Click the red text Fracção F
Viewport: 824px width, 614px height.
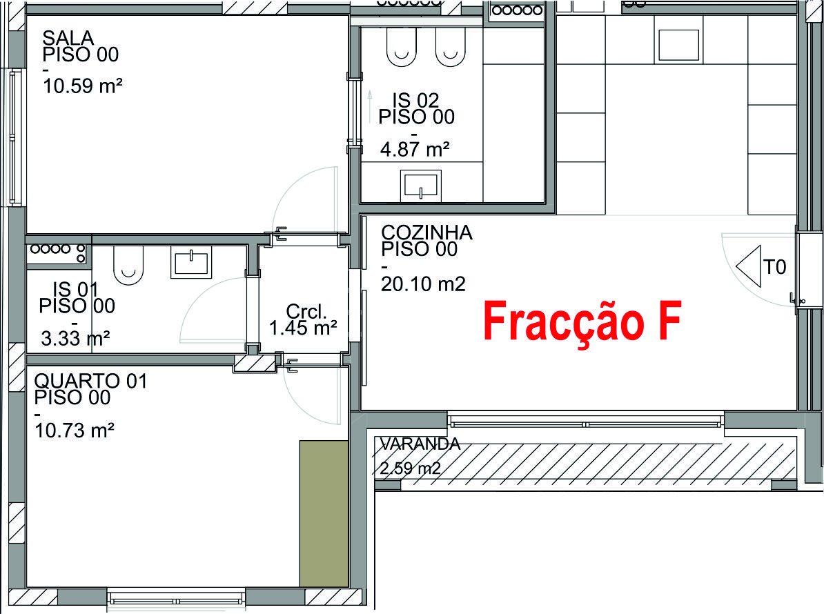582,321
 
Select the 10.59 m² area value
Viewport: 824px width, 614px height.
82,87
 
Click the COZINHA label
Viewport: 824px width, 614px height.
426,233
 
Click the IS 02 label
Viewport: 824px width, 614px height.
415,101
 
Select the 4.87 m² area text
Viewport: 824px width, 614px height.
415,148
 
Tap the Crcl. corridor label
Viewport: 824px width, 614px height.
305,311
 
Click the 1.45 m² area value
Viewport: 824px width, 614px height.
303,328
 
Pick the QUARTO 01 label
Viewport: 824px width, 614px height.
90,381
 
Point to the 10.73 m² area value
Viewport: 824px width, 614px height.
74,430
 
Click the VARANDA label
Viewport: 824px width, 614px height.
420,444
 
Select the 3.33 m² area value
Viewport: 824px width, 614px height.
76,338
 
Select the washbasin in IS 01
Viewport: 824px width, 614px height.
190,264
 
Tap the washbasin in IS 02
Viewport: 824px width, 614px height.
420,186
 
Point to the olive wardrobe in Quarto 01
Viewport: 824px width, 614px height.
323,513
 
